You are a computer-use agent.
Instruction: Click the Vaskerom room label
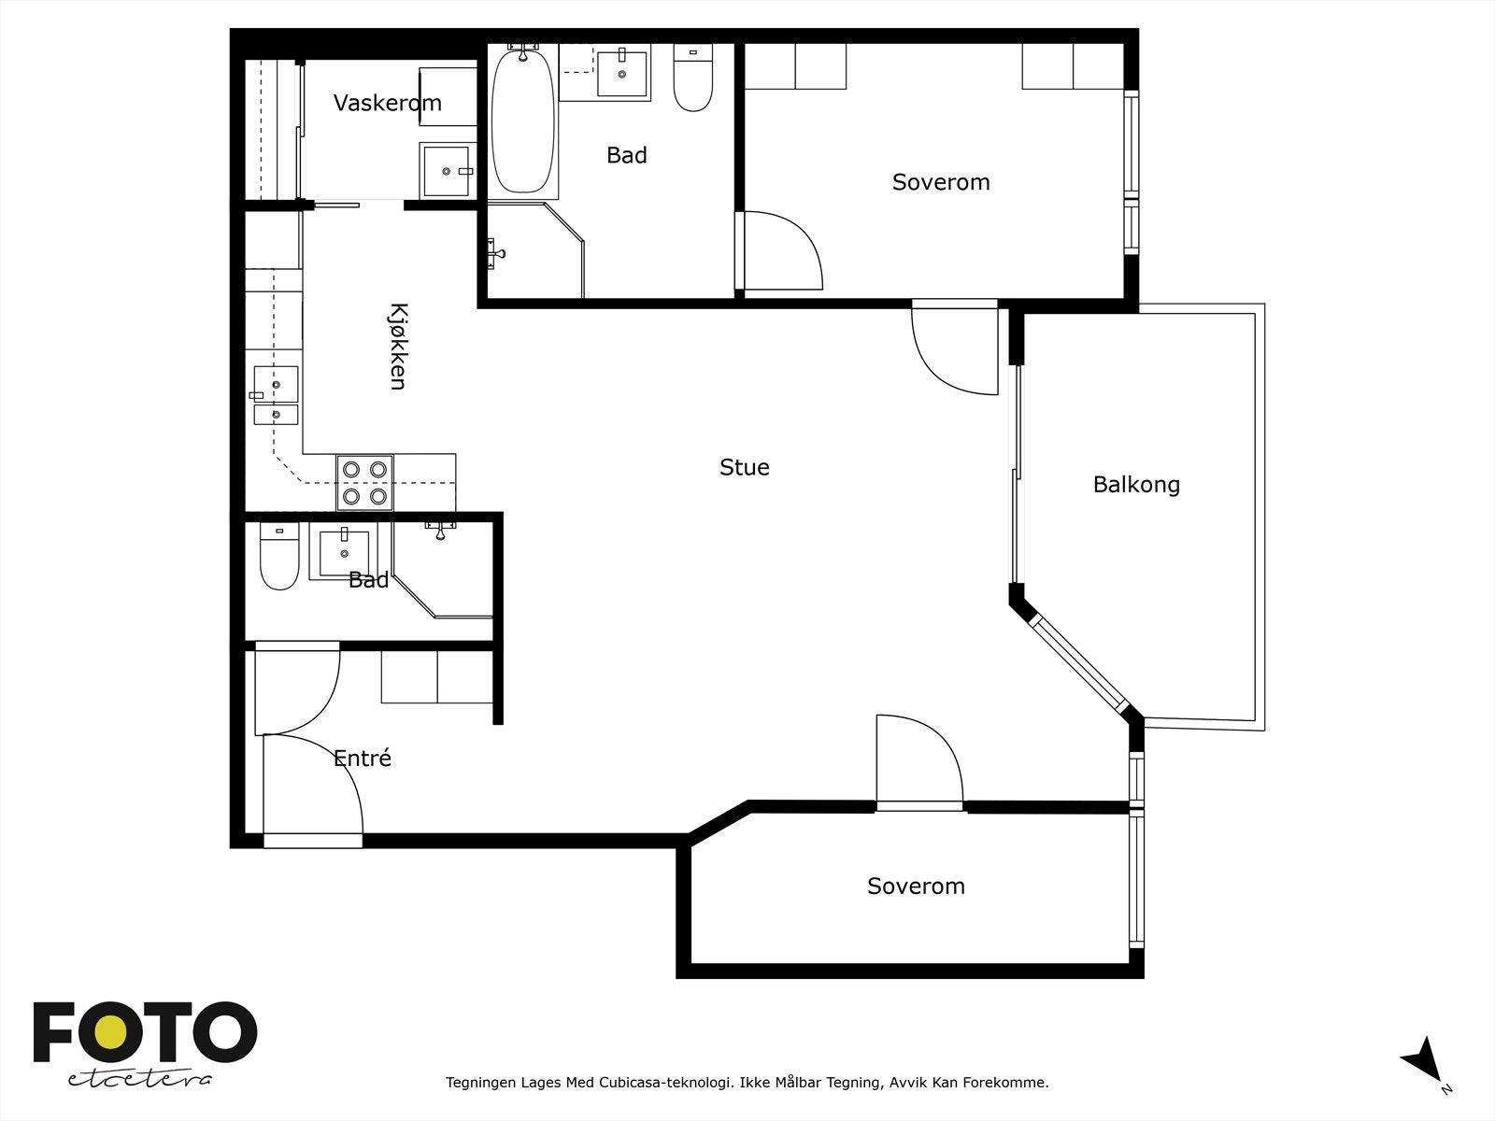click(x=388, y=103)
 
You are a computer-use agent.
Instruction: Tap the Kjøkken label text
click(x=399, y=347)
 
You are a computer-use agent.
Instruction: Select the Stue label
click(x=745, y=467)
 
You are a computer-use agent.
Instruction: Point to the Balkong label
click(x=1136, y=485)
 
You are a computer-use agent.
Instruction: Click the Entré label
click(x=363, y=758)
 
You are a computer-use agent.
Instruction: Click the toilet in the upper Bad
click(x=692, y=78)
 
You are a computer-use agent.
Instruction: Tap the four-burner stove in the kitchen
click(x=364, y=483)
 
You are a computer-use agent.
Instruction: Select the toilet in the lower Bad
click(x=279, y=556)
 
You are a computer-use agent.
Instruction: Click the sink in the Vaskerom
click(x=447, y=170)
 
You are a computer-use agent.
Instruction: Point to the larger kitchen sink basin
click(x=276, y=385)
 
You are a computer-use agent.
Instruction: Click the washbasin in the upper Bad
click(x=622, y=73)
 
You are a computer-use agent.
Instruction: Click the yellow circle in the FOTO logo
click(x=110, y=1031)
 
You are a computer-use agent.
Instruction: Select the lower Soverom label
click(x=916, y=886)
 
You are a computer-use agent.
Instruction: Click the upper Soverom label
click(x=941, y=182)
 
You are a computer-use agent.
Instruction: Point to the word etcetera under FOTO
click(x=139, y=1079)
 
